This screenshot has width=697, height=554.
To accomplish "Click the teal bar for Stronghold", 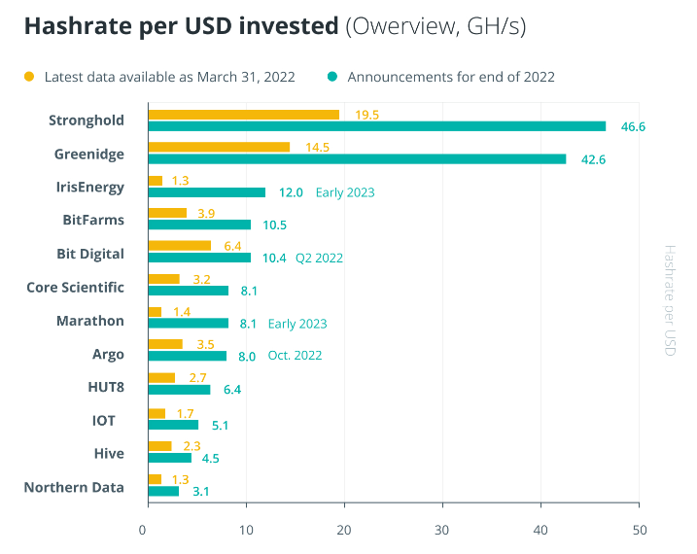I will pyautogui.click(x=377, y=126).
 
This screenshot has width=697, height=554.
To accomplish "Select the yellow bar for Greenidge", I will pyautogui.click(x=219, y=147).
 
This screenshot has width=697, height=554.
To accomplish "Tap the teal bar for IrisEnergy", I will pyautogui.click(x=206, y=192).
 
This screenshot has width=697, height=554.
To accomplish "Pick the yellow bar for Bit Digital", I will pyautogui.click(x=179, y=246).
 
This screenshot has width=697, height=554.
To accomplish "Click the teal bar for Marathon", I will pyautogui.click(x=189, y=324).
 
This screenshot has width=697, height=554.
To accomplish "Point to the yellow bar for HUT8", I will pyautogui.click(x=161, y=377).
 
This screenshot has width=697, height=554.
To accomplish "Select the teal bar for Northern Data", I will pyautogui.click(x=163, y=491).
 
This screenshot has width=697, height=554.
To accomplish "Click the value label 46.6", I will pyautogui.click(x=634, y=126).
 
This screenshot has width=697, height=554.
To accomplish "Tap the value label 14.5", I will pyautogui.click(x=318, y=147).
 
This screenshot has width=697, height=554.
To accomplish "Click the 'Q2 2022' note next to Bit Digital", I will pyautogui.click(x=319, y=258).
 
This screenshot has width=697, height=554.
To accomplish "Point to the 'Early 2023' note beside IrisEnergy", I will pyautogui.click(x=345, y=192).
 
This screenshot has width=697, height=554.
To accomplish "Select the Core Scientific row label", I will pyautogui.click(x=75, y=287).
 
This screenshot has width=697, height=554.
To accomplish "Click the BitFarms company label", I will pyautogui.click(x=92, y=220).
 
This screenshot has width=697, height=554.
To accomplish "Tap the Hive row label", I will pyautogui.click(x=109, y=453).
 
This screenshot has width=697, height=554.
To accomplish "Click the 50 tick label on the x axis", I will pyautogui.click(x=639, y=530).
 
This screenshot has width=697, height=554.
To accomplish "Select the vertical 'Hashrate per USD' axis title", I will pyautogui.click(x=669, y=299).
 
